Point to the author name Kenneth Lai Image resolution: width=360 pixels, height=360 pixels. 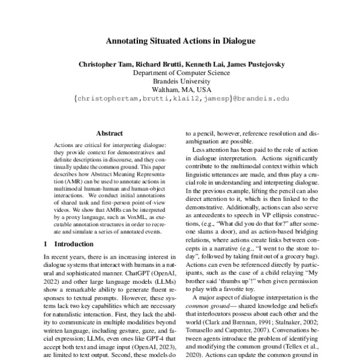click(202, 64)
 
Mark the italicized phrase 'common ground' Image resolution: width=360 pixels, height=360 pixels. click(203, 308)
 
